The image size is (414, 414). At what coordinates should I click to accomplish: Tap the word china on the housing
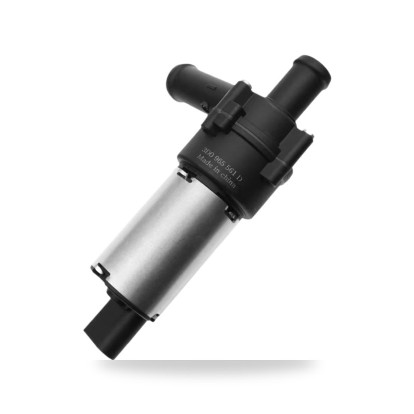(227, 181)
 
